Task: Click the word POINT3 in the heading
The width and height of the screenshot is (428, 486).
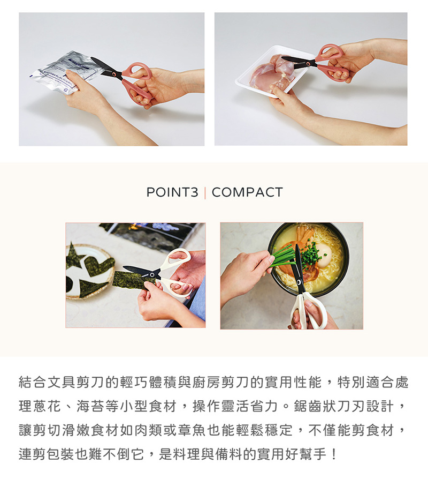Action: tap(172, 192)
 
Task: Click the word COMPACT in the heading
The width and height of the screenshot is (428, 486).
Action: tap(247, 192)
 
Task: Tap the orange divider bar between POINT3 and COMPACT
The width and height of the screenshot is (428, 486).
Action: tap(205, 192)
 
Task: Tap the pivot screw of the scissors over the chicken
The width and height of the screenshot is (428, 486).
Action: tap(308, 63)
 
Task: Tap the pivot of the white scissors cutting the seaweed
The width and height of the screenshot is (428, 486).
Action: tap(151, 275)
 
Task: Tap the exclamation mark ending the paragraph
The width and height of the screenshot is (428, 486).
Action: tap(333, 454)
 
